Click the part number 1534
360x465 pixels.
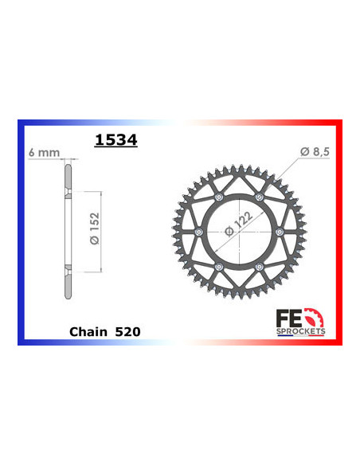pos(115,141)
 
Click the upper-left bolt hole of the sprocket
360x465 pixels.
pos(218,197)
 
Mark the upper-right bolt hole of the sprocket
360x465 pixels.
pos(259,197)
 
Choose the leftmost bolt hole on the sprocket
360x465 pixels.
pos(198,232)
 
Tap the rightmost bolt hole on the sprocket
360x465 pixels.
pos(280,232)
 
